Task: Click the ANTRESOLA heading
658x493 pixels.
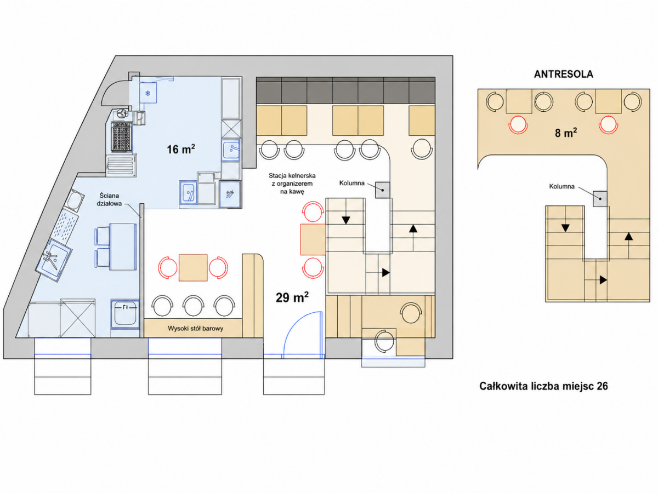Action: pos(563,74)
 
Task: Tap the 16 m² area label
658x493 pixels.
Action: pos(181,149)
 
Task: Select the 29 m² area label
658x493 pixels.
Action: pos(292,297)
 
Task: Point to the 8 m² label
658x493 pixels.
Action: pos(566,133)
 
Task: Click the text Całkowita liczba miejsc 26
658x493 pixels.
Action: pos(543,386)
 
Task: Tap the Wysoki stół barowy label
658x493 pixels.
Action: pos(195,328)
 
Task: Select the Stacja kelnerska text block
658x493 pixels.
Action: pos(292,184)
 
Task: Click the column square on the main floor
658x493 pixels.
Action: pos(383,190)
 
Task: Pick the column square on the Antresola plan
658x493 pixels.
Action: pos(600,199)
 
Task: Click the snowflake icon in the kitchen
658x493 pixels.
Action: pos(148,93)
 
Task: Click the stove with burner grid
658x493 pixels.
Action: pos(122,136)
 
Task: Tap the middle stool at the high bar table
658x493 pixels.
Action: pos(194,306)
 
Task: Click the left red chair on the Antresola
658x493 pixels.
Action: pos(518,124)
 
